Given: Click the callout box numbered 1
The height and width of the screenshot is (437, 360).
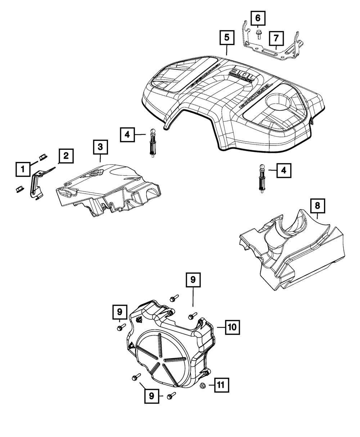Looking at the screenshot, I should (23, 168).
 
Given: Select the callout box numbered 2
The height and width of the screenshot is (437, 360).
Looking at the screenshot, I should (66, 156).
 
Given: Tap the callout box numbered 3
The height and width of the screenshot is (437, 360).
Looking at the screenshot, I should (100, 147).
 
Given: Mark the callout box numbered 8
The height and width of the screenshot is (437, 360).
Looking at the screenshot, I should (317, 206).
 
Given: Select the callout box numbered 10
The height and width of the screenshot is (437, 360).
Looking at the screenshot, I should (232, 327).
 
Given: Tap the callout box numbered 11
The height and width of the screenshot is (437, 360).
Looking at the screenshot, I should (220, 386).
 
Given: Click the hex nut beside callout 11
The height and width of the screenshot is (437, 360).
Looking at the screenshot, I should (202, 386).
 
